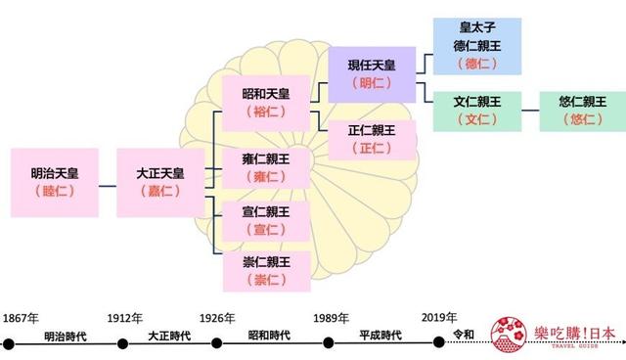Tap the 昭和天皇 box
[x=265, y=103]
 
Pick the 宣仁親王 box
[x=265, y=220]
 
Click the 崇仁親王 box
[x=265, y=271]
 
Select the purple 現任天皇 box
[x=372, y=73]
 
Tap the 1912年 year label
[x=124, y=318]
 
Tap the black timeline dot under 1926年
[x=226, y=343]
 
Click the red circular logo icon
[x=509, y=334]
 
